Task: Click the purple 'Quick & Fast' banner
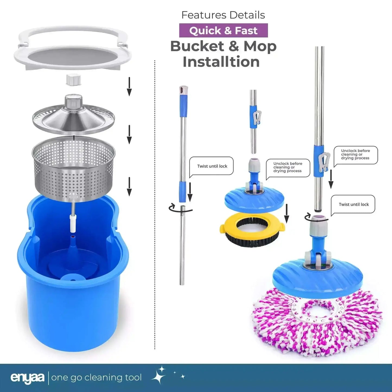click(x=223, y=30)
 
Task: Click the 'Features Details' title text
click(x=223, y=15)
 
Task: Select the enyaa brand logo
click(x=27, y=378)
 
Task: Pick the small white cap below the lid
click(x=74, y=79)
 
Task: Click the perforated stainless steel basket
click(x=74, y=169)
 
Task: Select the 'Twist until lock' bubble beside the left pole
click(x=211, y=166)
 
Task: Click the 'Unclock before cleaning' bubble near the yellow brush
click(x=288, y=168)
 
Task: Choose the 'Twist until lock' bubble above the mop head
click(x=353, y=205)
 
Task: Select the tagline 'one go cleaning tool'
click(x=96, y=378)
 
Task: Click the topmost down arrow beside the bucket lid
click(x=129, y=87)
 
